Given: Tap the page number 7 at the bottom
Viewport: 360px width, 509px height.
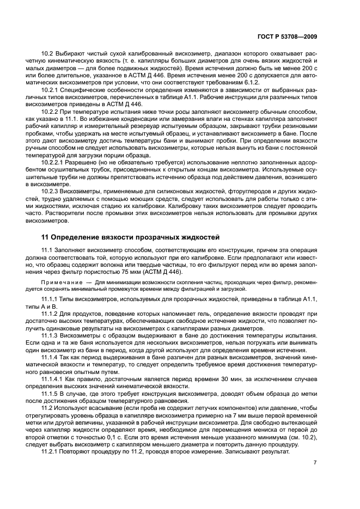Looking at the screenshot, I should click(x=315, y=462).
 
